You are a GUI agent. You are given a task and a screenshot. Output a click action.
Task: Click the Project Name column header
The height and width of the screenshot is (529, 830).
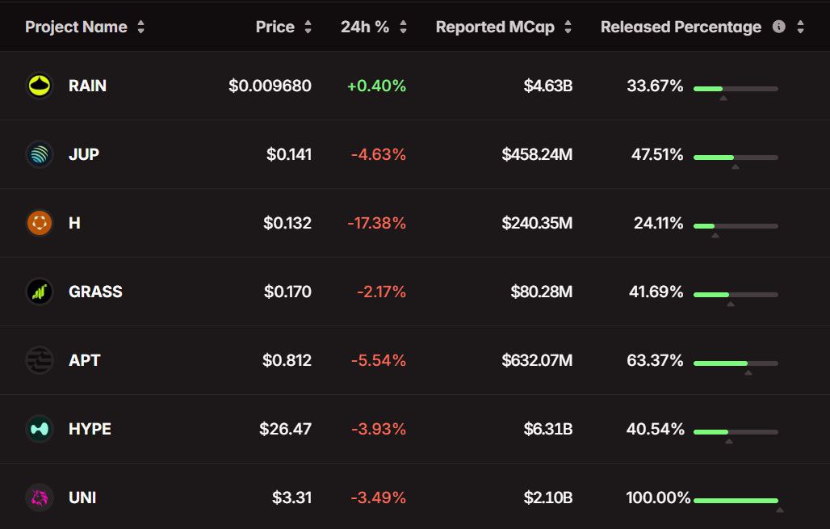point(76,27)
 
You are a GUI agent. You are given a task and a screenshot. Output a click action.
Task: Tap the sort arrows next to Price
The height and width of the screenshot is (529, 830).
point(308,27)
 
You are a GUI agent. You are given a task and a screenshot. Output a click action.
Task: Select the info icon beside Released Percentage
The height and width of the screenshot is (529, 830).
point(778,27)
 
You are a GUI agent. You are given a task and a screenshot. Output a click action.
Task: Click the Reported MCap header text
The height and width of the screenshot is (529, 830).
point(495,27)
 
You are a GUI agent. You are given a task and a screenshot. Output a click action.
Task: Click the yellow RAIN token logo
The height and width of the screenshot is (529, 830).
point(39,86)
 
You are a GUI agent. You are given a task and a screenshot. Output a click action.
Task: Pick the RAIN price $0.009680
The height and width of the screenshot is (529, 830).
point(270,86)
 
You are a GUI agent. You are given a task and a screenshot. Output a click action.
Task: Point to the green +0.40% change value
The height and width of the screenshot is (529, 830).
point(376,86)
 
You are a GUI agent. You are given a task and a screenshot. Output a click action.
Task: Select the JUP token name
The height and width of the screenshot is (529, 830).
point(84,154)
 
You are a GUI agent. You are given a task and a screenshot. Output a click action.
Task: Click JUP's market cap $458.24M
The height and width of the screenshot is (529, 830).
point(537,154)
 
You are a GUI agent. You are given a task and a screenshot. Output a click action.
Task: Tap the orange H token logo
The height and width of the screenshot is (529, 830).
point(39,223)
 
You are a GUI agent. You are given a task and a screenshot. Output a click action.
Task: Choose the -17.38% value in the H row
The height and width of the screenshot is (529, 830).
point(376,223)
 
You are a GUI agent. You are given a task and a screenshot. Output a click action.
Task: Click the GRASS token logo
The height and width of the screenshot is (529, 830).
point(39,292)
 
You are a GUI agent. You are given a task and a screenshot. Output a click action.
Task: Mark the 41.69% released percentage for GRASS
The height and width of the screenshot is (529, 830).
point(656,292)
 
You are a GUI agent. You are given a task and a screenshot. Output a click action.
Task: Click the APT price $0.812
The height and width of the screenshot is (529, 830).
point(287,360)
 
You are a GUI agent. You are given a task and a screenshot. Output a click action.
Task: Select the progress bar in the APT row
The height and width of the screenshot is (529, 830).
point(736,363)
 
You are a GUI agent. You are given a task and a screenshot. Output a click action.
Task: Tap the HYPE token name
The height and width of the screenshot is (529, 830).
point(90,429)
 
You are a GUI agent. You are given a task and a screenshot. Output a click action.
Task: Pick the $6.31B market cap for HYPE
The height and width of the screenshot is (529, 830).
point(548,429)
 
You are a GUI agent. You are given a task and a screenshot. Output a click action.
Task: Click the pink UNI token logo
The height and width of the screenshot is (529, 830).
point(39,498)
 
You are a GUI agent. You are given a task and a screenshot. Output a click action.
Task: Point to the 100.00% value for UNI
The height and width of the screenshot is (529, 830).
point(658,498)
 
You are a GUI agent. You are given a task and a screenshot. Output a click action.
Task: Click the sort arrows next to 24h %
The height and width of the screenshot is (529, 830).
point(403,27)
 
